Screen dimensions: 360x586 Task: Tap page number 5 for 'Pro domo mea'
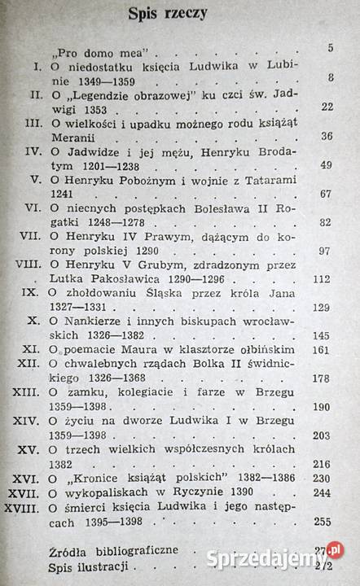point(330,48)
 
